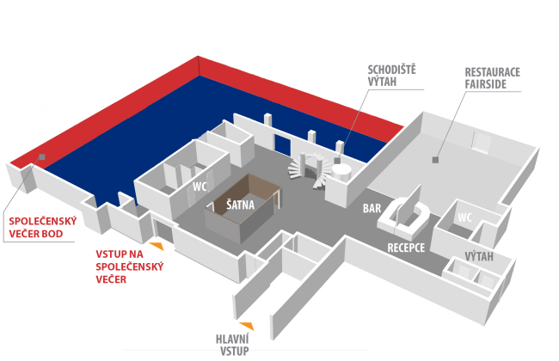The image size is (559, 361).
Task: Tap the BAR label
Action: [x=372, y=208]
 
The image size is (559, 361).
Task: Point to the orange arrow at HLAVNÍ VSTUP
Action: [x=247, y=325]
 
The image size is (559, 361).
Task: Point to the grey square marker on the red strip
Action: [x=40, y=157]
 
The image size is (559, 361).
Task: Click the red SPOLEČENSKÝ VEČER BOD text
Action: [x=43, y=228]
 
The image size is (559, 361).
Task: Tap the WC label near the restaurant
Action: [x=464, y=217]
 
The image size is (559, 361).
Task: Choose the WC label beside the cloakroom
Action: [x=198, y=185]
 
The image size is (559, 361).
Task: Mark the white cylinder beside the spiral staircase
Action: [x=341, y=171]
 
